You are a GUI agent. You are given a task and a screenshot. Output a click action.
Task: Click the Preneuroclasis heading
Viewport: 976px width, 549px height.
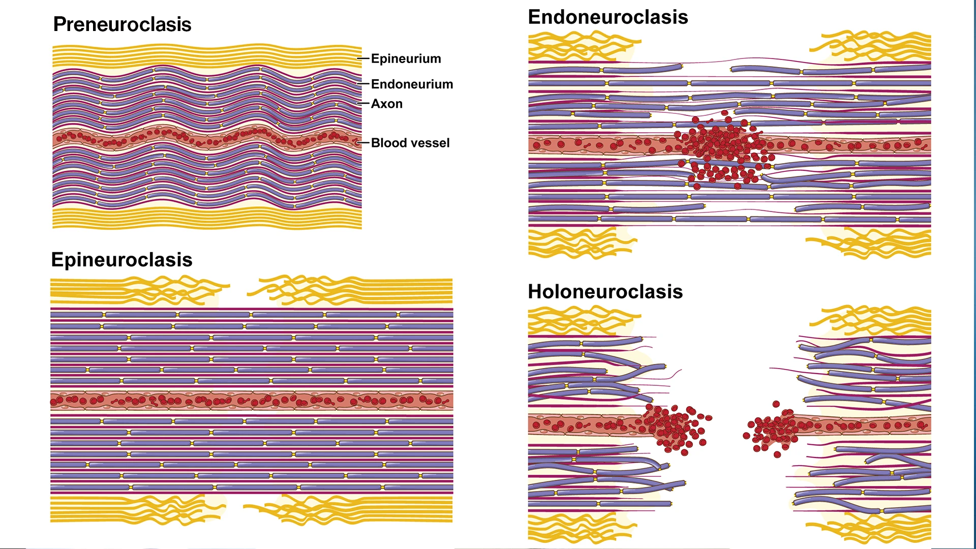pyautogui.click(x=122, y=24)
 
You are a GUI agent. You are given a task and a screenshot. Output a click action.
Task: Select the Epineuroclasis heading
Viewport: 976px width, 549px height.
pyautogui.click(x=121, y=260)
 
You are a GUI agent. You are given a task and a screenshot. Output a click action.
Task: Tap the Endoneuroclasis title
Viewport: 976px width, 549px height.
pyautogui.click(x=607, y=17)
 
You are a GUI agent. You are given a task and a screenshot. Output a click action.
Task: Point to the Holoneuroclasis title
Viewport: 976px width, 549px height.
pyautogui.click(x=605, y=292)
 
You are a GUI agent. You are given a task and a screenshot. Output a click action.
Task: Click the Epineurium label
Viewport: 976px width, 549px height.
pyautogui.click(x=406, y=58)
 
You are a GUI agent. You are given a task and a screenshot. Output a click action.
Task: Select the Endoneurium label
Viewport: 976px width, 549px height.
pyautogui.click(x=412, y=84)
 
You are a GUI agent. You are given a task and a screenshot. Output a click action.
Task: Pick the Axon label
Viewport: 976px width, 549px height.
pyautogui.click(x=386, y=104)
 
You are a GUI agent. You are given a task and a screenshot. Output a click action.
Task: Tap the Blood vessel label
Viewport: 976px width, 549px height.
pyautogui.click(x=410, y=143)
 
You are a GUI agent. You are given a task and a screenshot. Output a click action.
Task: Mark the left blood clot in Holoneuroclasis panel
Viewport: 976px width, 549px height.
pyautogui.click(x=674, y=426)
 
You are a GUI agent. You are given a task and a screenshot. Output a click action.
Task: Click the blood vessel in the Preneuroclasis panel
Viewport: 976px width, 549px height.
pyautogui.click(x=203, y=138)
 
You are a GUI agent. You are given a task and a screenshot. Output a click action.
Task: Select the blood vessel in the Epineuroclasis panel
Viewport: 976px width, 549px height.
pyautogui.click(x=252, y=401)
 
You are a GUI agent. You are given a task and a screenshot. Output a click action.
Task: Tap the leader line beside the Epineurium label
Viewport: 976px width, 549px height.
pyautogui.click(x=363, y=58)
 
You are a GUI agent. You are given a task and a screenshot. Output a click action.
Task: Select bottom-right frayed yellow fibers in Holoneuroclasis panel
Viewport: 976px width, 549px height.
pyautogui.click(x=874, y=529)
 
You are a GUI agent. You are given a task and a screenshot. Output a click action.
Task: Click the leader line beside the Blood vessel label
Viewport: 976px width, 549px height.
pyautogui.click(x=363, y=143)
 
